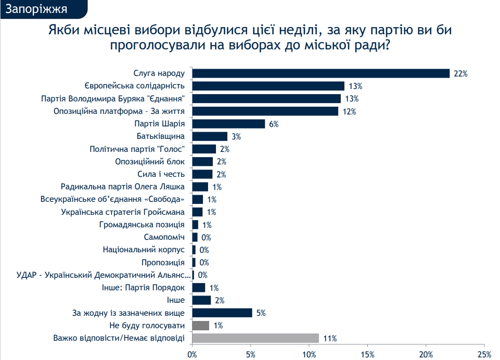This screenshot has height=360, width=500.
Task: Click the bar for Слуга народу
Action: point(320,73)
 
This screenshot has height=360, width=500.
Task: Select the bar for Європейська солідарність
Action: point(268,86)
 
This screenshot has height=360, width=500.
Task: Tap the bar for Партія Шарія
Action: point(229,124)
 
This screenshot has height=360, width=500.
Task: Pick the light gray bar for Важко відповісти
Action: point(255,338)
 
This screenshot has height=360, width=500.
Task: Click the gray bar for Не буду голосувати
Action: point(201,326)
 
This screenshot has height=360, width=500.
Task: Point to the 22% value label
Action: point(460,74)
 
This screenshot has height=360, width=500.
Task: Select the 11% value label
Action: point(330,339)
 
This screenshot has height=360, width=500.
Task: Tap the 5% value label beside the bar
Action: point(261,313)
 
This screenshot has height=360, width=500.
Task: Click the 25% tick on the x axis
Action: point(484,354)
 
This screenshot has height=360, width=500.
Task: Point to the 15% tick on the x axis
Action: point(367,354)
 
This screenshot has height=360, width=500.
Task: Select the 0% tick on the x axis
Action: point(192,354)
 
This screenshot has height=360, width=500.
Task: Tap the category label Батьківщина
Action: point(161,136)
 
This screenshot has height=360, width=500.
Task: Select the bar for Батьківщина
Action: point(210,136)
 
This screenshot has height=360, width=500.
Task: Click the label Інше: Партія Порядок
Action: point(141,288)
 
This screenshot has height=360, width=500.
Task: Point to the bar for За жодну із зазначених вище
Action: point(222,313)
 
